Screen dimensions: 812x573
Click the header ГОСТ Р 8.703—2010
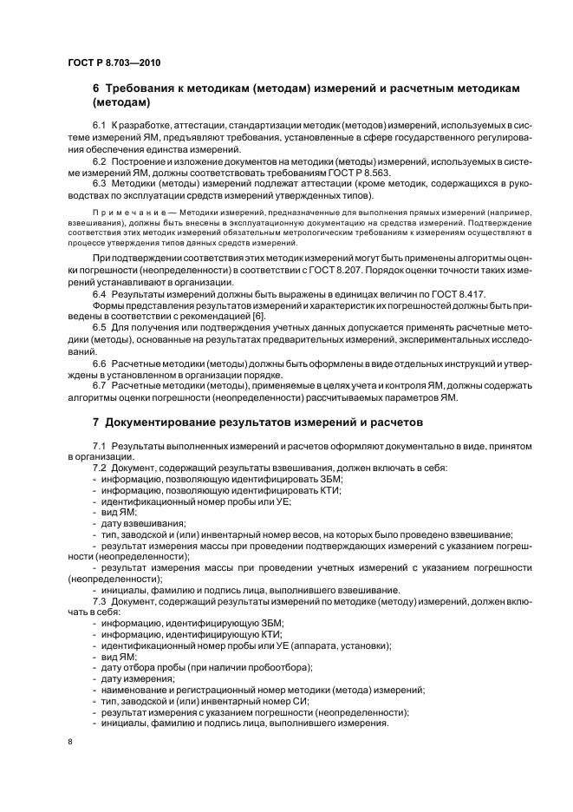point(114,62)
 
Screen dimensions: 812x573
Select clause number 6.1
point(99,128)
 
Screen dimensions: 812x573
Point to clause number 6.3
point(99,183)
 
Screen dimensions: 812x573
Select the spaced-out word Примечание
point(124,211)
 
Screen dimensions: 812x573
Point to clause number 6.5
point(99,329)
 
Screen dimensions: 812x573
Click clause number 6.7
point(99,384)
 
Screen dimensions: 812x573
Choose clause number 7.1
point(99,445)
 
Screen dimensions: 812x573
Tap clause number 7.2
point(99,468)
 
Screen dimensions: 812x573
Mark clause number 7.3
point(99,601)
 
